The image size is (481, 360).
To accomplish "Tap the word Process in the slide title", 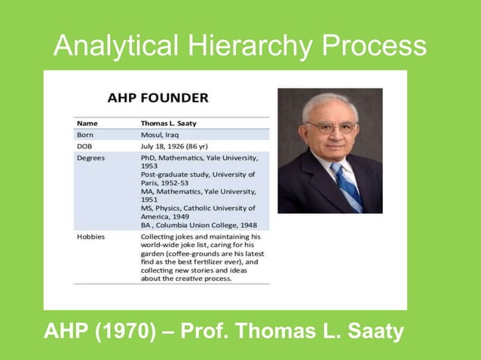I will click(x=374, y=47).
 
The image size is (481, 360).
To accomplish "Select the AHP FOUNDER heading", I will click(x=158, y=99).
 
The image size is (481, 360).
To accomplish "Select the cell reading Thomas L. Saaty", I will click(x=170, y=122).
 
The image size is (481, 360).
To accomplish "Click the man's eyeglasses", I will click(x=332, y=127).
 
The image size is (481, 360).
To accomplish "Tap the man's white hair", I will click(x=330, y=102).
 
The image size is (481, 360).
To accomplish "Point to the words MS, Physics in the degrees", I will click(x=164, y=208).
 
